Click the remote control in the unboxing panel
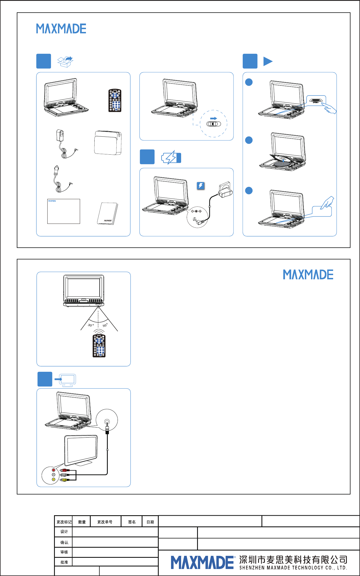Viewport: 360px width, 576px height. (x=115, y=100)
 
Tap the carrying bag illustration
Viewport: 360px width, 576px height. (x=108, y=143)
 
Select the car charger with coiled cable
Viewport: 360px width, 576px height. (x=60, y=179)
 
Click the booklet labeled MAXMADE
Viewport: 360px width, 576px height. (x=108, y=214)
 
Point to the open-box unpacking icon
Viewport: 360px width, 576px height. (x=65, y=61)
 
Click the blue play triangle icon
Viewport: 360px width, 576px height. (x=268, y=61)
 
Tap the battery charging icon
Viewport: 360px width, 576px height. (x=171, y=157)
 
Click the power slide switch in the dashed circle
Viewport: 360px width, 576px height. (x=214, y=124)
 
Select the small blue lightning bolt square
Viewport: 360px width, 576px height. (x=201, y=186)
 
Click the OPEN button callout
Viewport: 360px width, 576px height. (x=316, y=101)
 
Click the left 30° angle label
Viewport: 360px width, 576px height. (x=91, y=325)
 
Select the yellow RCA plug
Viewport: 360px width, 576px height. (x=64, y=480)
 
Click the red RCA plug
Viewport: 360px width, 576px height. (x=64, y=470)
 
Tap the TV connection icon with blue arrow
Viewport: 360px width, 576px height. (x=66, y=380)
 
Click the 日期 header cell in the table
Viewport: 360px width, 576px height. (x=150, y=522)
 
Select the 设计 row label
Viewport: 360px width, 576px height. (x=64, y=532)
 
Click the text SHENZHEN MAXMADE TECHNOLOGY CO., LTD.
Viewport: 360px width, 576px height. (x=293, y=568)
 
